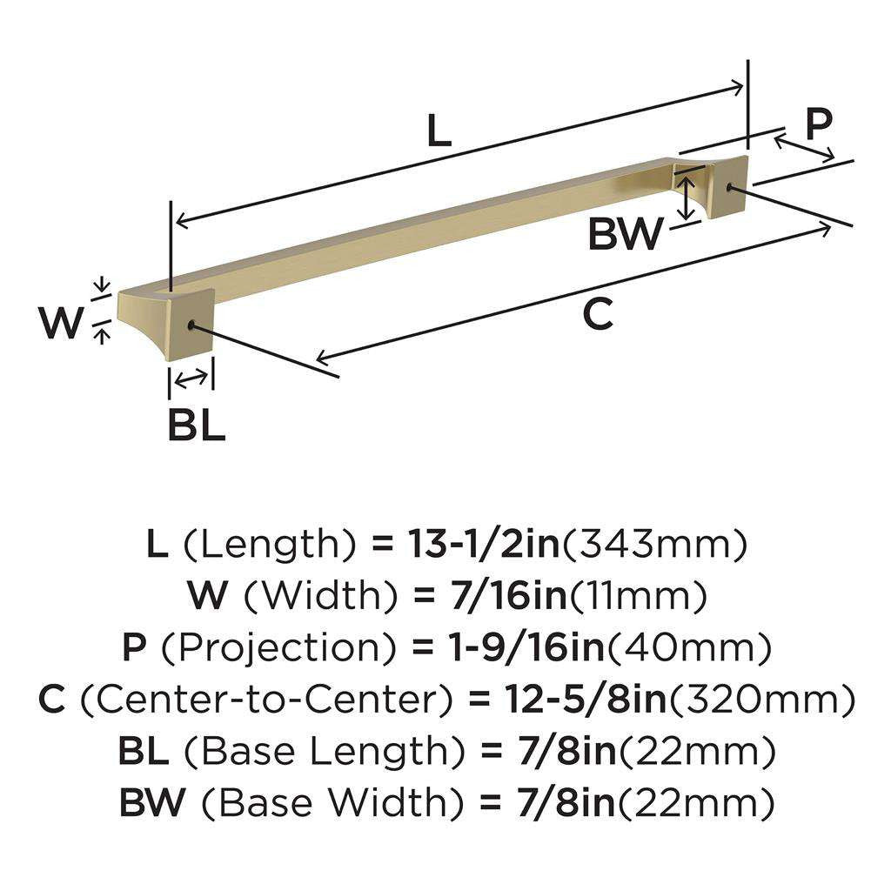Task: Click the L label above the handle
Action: [x=439, y=131]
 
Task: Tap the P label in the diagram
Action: [x=817, y=124]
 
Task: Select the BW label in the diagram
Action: [x=625, y=235]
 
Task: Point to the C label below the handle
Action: [x=598, y=314]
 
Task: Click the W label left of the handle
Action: [x=63, y=325]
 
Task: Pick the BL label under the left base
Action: [x=197, y=425]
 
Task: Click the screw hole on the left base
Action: [x=191, y=325]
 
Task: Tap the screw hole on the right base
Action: [x=728, y=186]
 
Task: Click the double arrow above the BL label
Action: [x=191, y=378]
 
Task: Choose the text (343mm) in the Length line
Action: [x=656, y=546]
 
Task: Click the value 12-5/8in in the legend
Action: [x=583, y=700]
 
